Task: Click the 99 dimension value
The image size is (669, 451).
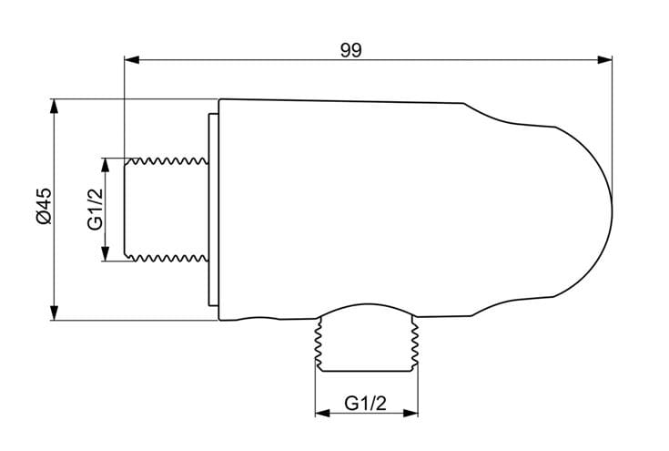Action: [x=350, y=50]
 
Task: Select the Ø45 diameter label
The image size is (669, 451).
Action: [x=44, y=206]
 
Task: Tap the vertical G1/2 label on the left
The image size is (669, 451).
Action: [x=96, y=210]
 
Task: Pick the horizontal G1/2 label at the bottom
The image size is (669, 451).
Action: [x=365, y=403]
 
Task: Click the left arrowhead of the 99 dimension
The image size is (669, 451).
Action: [x=131, y=60]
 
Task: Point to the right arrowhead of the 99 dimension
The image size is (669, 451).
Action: [x=604, y=60]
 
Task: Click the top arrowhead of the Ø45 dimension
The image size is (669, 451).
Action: [x=54, y=107]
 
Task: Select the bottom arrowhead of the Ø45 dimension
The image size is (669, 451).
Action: [x=54, y=313]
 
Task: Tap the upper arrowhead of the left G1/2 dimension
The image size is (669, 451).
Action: [x=106, y=165]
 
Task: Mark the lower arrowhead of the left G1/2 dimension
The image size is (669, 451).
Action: [x=106, y=253]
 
